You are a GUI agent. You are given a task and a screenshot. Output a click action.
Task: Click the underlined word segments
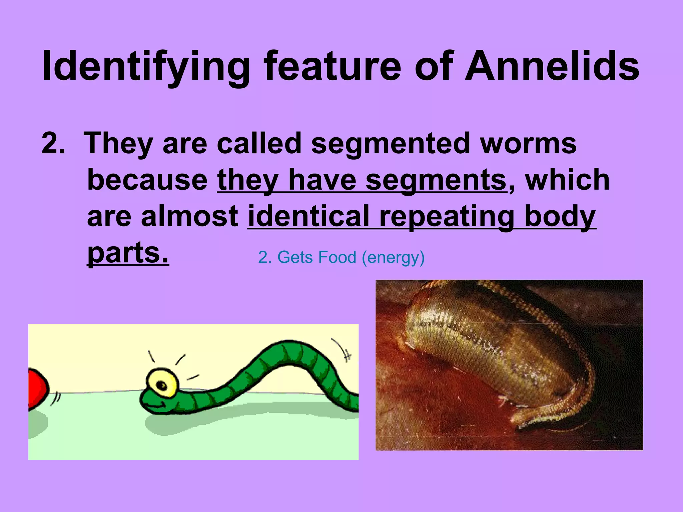click(x=436, y=180)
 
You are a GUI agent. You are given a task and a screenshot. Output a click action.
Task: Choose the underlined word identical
click(x=308, y=216)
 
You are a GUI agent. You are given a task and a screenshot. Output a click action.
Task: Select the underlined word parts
click(x=128, y=253)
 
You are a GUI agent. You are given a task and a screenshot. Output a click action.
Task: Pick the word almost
click(x=189, y=216)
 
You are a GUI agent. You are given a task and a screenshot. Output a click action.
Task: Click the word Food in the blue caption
click(x=337, y=257)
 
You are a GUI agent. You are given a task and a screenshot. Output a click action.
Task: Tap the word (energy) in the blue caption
click(x=393, y=258)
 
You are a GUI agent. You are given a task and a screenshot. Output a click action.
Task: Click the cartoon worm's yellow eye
click(x=162, y=383)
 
